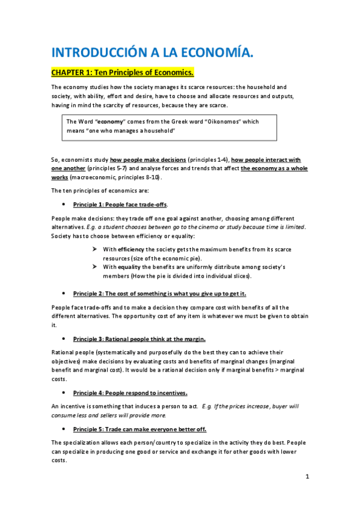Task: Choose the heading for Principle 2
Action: tap(159, 293)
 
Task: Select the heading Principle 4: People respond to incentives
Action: tap(130, 393)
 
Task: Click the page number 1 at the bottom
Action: tap(307, 477)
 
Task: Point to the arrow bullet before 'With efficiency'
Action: tap(95, 249)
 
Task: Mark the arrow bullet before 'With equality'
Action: tap(95, 266)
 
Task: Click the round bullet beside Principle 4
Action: tap(64, 393)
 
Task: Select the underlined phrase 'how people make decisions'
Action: tap(147, 160)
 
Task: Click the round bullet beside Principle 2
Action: tap(64, 293)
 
